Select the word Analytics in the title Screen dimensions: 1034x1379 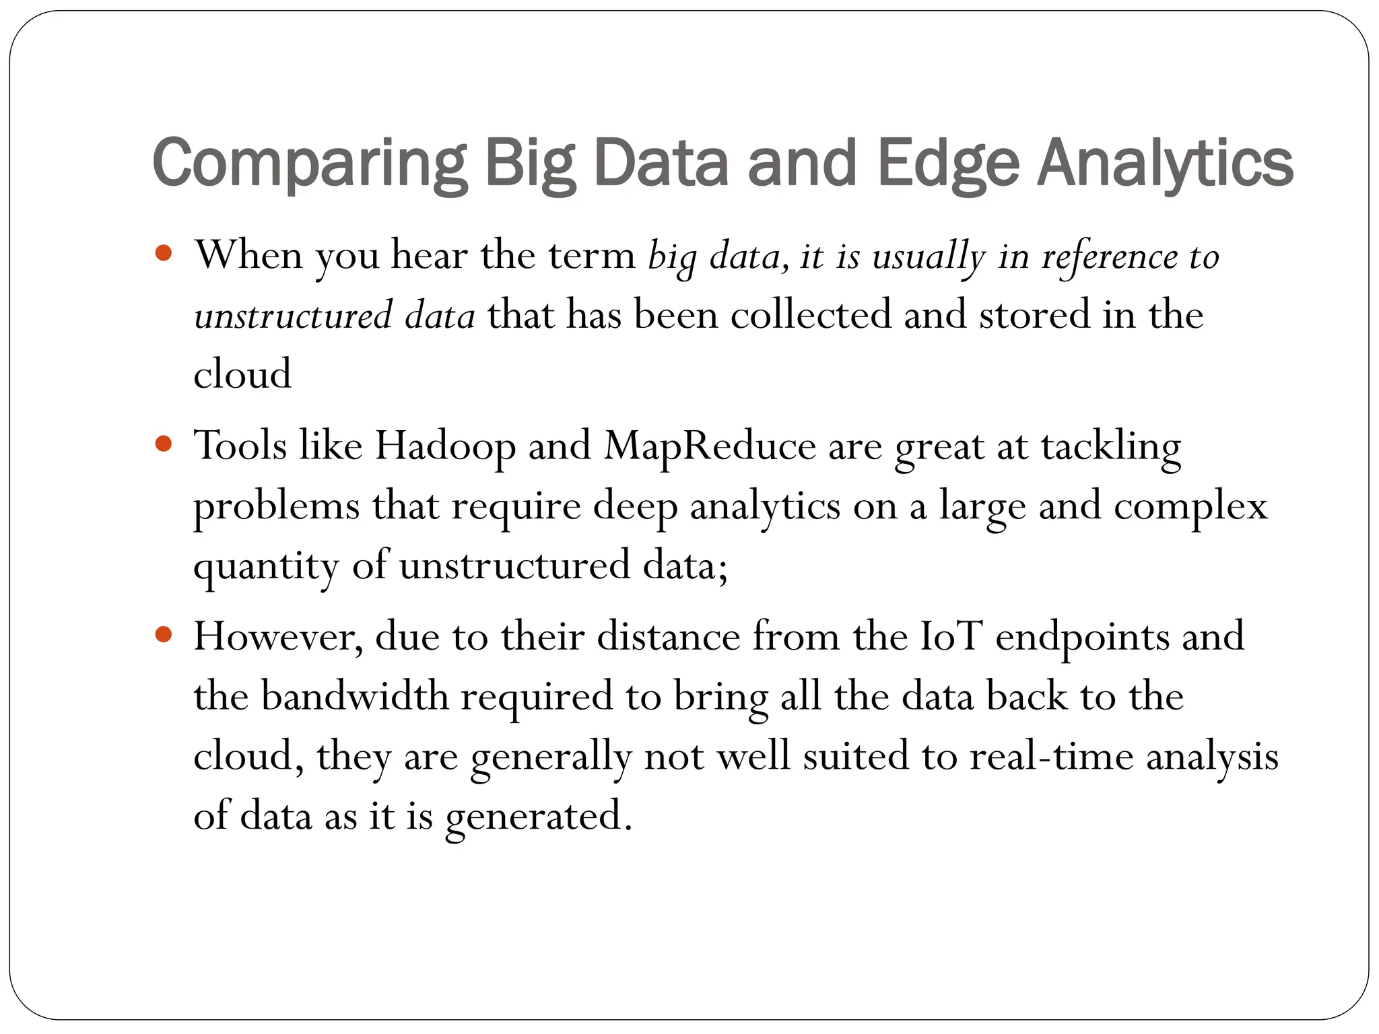click(x=1165, y=164)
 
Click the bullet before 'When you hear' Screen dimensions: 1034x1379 click(x=164, y=254)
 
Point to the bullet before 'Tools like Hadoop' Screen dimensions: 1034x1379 click(x=164, y=444)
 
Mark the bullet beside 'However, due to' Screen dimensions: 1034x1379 click(x=164, y=635)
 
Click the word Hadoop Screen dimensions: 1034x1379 click(x=445, y=446)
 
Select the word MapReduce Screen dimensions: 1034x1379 click(x=710, y=446)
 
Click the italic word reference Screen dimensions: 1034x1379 click(x=1110, y=257)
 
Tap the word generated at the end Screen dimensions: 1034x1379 click(x=538, y=817)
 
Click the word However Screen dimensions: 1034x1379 click(x=278, y=636)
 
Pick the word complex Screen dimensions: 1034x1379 click(x=1190, y=507)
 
